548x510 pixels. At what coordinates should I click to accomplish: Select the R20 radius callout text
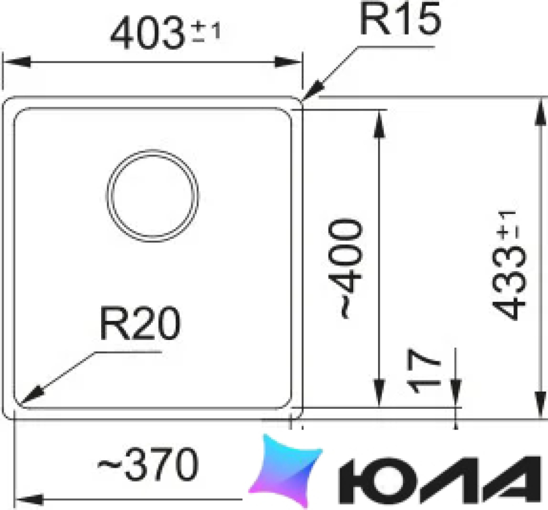140,323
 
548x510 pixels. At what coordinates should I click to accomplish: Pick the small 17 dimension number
423,370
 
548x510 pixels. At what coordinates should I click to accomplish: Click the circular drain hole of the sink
152,195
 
